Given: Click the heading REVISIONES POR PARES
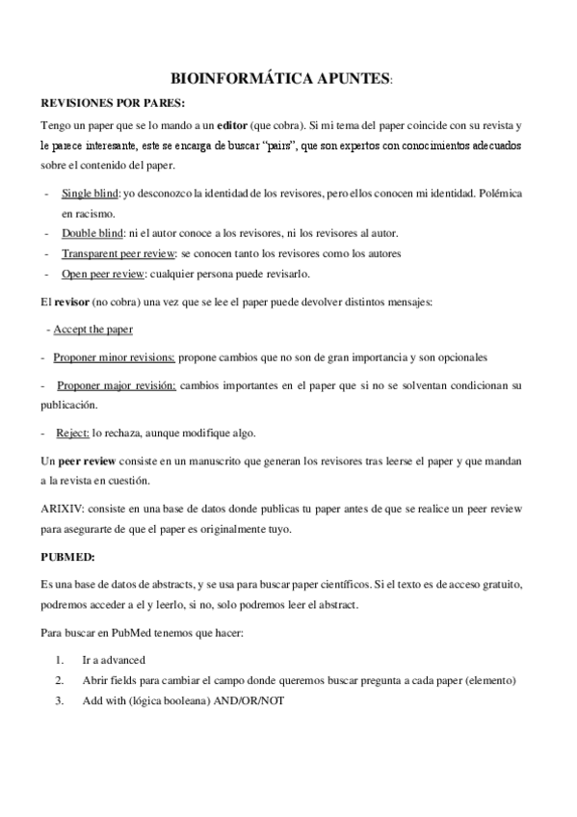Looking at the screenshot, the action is pos(113,102).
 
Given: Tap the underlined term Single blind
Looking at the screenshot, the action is pos(84,194).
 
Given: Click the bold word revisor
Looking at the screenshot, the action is pos(72,302).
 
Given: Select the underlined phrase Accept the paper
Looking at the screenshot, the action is pos(92,329).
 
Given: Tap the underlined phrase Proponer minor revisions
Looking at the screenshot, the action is pos(115,357).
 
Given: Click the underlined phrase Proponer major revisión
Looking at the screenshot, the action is pos(117,385).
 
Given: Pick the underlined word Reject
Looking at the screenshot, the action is pos(73,432).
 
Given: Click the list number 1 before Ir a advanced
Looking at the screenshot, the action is pos(60,660).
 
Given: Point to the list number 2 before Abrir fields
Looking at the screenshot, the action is pos(60,680).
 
